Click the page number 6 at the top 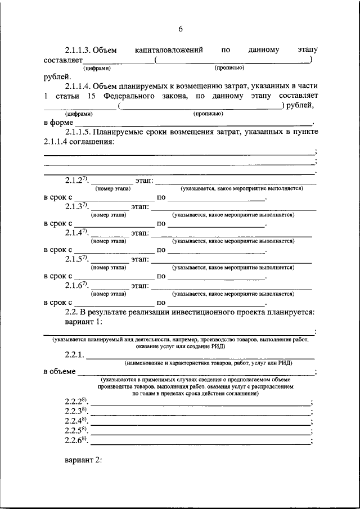[181, 29]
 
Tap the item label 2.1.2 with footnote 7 [77, 180]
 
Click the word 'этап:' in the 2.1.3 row [139, 206]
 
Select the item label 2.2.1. [74, 355]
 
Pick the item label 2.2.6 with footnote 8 [76, 440]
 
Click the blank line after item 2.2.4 [200, 422]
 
